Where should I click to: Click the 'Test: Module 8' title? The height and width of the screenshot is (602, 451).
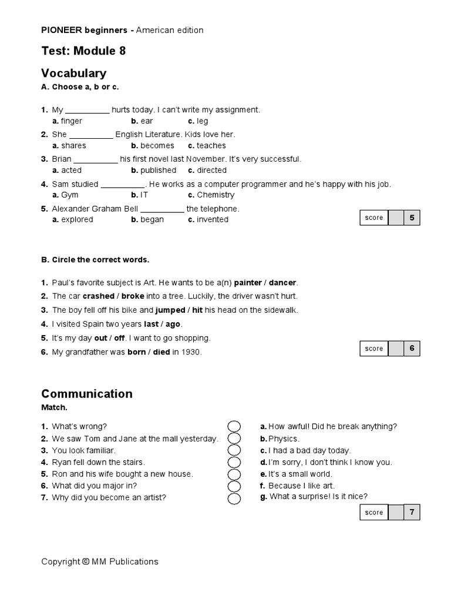tap(83, 51)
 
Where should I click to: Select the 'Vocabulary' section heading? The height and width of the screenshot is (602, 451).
tap(73, 73)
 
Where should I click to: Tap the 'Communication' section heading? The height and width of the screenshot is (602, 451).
tap(86, 393)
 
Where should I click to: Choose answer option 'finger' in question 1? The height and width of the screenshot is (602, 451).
tap(71, 121)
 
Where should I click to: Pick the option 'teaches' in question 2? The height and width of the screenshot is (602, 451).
tap(211, 146)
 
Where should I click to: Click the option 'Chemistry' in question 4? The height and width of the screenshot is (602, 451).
tap(215, 195)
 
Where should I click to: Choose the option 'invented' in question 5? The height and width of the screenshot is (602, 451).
tap(212, 220)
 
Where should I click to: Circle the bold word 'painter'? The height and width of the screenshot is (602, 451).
tap(248, 282)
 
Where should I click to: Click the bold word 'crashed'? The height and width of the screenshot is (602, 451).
tap(98, 296)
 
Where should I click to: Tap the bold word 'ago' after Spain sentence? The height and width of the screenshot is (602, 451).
tap(173, 324)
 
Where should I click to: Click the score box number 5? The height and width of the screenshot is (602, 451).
tap(412, 218)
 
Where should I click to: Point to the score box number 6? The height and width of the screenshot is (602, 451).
tap(412, 349)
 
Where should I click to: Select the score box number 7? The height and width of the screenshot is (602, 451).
tap(412, 513)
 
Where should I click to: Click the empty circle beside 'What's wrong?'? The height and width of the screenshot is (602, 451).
tap(234, 426)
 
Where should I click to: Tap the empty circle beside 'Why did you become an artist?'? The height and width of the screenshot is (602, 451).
tap(234, 499)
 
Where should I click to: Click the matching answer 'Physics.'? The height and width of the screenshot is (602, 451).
tap(284, 439)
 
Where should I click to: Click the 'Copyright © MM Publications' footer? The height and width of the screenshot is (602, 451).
tap(100, 561)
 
